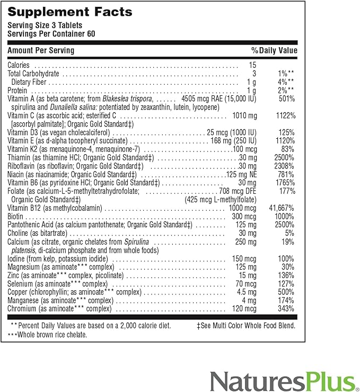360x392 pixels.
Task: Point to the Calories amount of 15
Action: (252, 65)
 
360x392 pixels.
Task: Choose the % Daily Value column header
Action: (274, 51)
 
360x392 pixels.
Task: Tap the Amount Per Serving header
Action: (41, 51)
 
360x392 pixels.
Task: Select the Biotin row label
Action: (16, 217)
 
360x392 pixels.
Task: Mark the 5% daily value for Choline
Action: (290, 233)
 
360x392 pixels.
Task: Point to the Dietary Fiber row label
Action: (29, 82)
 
